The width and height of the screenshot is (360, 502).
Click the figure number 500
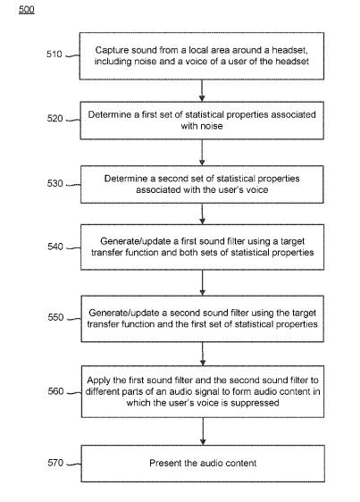pos(26,9)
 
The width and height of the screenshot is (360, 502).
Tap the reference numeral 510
pos(54,54)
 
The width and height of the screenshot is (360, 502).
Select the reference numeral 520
pos(54,119)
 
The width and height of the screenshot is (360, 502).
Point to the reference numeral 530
pos(55,183)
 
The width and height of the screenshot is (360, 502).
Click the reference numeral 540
pos(55,247)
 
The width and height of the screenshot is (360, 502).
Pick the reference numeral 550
pos(55,317)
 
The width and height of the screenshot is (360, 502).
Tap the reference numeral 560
pos(55,391)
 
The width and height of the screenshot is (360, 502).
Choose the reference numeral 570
pos(55,463)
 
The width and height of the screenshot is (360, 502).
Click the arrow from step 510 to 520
pos(202,90)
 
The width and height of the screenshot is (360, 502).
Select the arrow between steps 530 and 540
pos(202,213)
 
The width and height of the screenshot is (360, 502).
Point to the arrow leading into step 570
pos(203,431)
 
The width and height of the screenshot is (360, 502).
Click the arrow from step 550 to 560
pos(203,354)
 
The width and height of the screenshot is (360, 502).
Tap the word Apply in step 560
pos(98,381)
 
